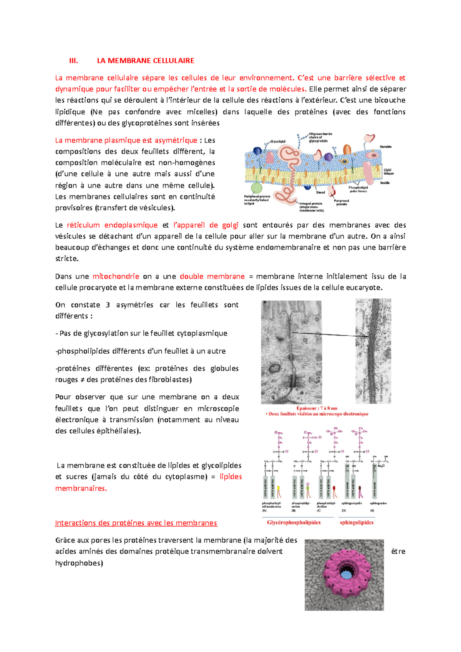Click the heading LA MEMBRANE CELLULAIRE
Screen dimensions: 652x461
point(146,61)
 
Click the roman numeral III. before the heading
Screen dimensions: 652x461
point(73,61)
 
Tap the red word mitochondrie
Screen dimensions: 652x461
point(116,276)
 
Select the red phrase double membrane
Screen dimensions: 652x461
point(212,276)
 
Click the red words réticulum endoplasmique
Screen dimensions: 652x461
point(112,225)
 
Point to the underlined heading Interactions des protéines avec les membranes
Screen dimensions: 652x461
point(136,523)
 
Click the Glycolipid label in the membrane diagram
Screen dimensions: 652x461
point(278,141)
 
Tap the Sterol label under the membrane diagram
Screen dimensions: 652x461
point(320,192)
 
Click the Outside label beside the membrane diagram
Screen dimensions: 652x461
point(385,147)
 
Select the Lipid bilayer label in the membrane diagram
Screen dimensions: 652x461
point(388,172)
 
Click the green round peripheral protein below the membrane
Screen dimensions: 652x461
point(256,188)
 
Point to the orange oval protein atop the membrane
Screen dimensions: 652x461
point(347,149)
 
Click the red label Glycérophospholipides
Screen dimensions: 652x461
point(294,523)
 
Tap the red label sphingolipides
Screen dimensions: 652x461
point(357,523)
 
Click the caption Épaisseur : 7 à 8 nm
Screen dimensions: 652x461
point(317,408)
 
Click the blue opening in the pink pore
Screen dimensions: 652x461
point(347,574)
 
